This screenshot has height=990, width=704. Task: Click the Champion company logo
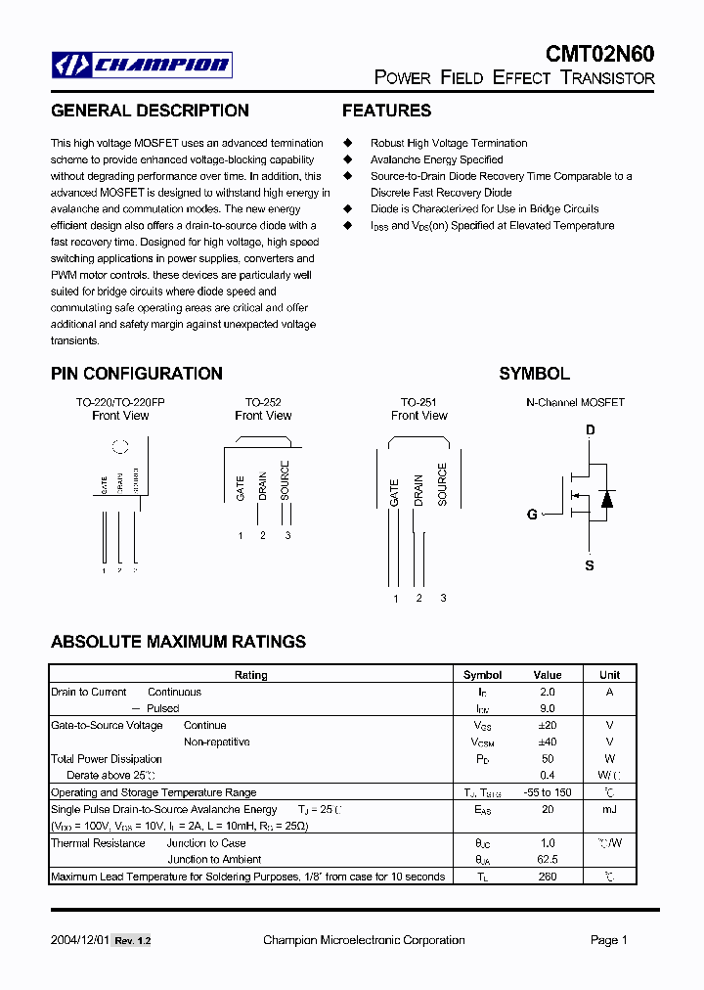tap(142, 66)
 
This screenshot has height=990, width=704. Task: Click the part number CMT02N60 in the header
tap(599, 54)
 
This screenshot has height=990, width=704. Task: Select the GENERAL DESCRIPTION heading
tap(150, 111)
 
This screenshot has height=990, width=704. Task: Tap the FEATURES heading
tap(386, 111)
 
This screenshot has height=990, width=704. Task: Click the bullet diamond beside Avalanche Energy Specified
tap(346, 159)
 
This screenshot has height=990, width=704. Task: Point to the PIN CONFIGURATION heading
tap(137, 374)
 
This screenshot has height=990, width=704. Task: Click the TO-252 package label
tap(263, 402)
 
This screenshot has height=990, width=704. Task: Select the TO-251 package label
tap(418, 402)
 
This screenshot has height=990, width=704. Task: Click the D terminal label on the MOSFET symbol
tap(591, 430)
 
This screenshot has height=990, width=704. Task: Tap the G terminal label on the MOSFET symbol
tap(532, 515)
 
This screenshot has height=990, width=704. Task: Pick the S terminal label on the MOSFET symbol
tap(590, 565)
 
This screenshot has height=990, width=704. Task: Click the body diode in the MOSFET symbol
tap(606, 498)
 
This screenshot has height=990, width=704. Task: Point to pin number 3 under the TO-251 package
tap(443, 598)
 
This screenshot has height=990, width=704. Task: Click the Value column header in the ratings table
tap(548, 675)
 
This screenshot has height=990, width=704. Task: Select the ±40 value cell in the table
tap(548, 742)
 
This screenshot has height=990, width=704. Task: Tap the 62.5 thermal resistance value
tap(548, 860)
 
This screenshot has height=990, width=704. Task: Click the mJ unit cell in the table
tap(609, 809)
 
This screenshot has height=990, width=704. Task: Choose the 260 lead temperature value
tap(548, 877)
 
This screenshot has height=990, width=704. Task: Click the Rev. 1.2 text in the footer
tap(132, 941)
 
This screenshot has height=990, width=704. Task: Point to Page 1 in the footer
tap(608, 940)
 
